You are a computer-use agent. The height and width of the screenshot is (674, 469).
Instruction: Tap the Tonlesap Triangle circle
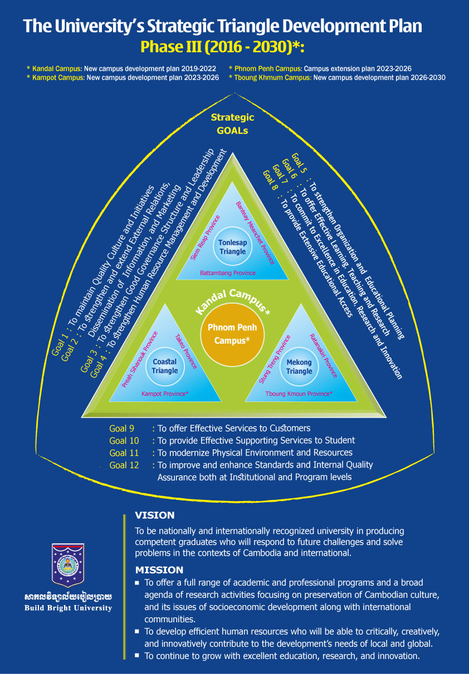pyautogui.click(x=232, y=247)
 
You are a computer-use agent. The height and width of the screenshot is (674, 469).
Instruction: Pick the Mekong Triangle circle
pyautogui.click(x=299, y=366)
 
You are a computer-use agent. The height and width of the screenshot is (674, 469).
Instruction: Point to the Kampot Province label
pyautogui.click(x=165, y=394)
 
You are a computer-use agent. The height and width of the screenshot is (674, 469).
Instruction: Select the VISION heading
pyautogui.click(x=155, y=516)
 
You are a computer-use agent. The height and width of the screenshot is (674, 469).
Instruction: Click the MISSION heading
pyautogui.click(x=159, y=570)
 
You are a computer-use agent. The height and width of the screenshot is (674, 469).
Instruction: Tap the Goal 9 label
pyautogui.click(x=122, y=429)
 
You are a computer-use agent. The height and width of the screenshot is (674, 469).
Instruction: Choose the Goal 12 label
pyautogui.click(x=124, y=465)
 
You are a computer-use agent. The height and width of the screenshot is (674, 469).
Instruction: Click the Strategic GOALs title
pyautogui.click(x=233, y=124)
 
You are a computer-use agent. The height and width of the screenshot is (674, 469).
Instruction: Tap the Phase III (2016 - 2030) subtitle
pyautogui.click(x=222, y=47)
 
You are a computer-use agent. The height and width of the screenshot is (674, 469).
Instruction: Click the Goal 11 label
pyautogui.click(x=124, y=453)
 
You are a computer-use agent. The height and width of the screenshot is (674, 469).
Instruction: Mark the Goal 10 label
pyautogui.click(x=124, y=441)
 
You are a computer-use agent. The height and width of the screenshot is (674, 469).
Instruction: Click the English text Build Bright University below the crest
pyautogui.click(x=68, y=608)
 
